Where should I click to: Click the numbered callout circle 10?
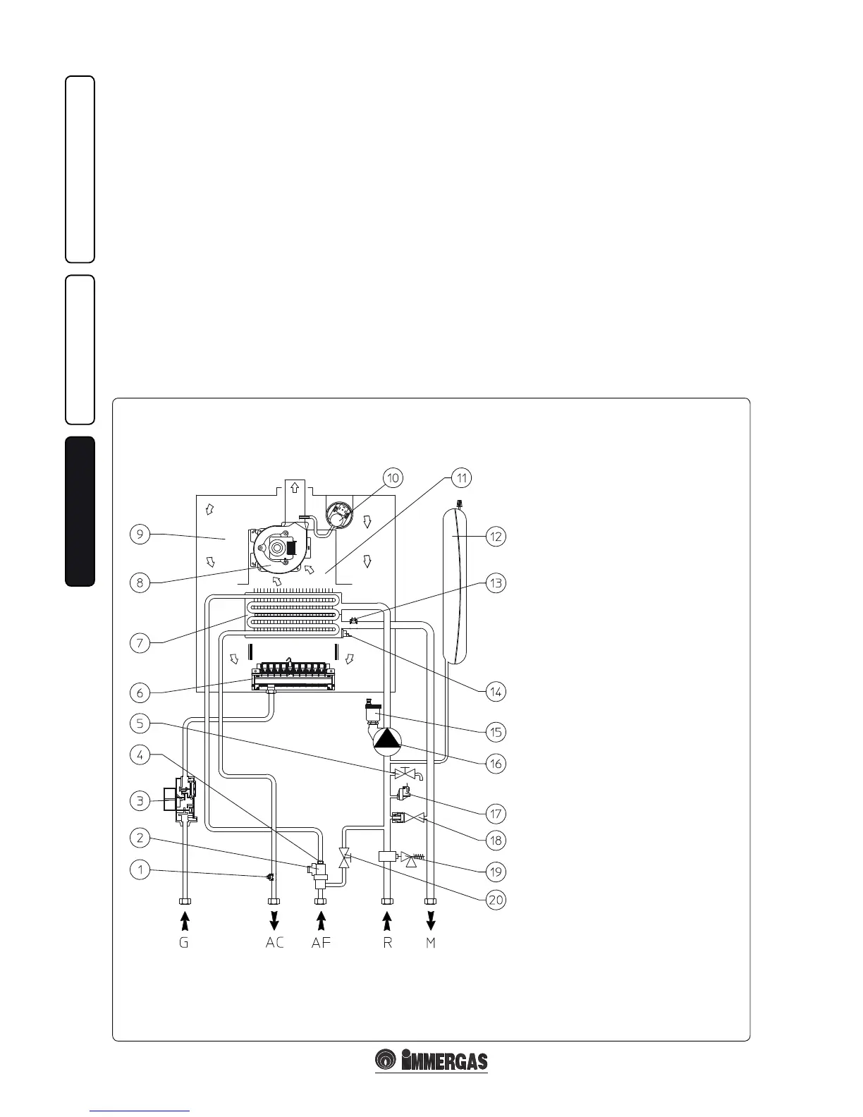point(393,477)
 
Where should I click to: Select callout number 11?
point(462,477)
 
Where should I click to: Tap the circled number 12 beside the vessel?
point(496,536)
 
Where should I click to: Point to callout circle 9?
point(140,535)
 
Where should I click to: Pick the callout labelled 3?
point(140,800)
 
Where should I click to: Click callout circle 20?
point(496,901)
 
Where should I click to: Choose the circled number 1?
point(140,869)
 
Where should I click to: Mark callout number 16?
point(496,763)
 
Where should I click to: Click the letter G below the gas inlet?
point(184,943)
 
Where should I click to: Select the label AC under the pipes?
point(274,943)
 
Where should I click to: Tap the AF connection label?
point(321,943)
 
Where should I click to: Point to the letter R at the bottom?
point(387,943)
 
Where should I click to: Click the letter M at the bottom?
point(431,943)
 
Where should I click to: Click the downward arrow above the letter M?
point(431,920)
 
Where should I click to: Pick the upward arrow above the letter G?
point(184,920)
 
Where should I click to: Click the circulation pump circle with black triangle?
point(386,740)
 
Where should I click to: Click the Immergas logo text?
point(443,1061)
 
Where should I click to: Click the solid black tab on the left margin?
point(80,511)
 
